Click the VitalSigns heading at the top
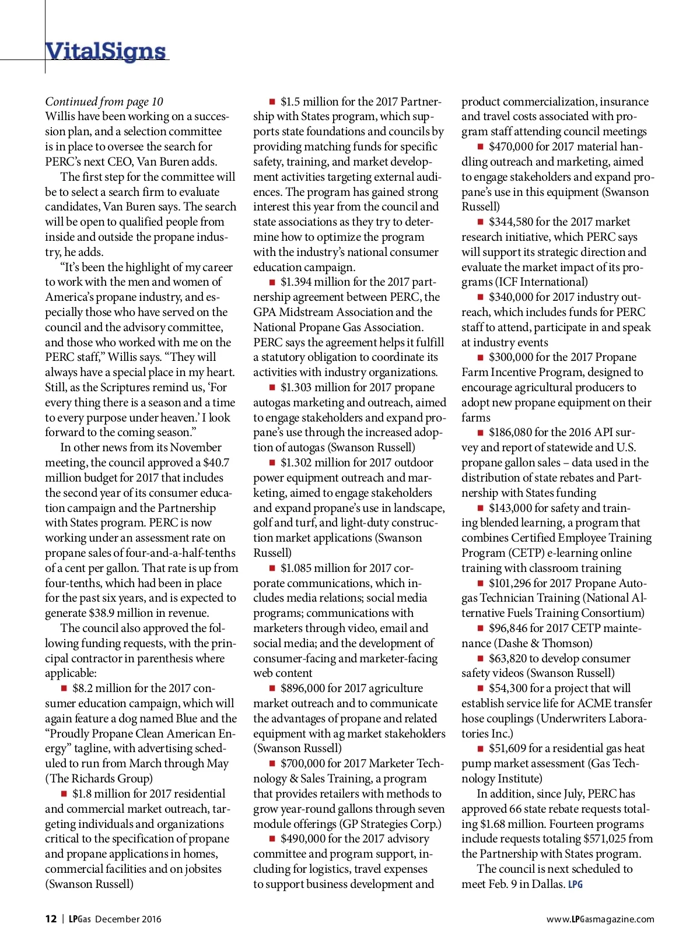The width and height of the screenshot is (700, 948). coord(106,51)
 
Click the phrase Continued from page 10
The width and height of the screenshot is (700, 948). coord(104,101)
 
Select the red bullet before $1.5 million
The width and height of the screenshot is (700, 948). coord(272,101)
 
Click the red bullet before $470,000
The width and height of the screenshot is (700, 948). coord(481,146)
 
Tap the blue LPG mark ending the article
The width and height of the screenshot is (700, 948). coord(575,884)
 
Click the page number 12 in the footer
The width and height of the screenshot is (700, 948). coord(51,919)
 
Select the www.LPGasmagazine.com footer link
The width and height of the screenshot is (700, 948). coord(600,919)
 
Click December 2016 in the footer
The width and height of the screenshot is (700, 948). coord(128,919)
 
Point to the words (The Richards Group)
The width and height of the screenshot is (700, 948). coord(99,778)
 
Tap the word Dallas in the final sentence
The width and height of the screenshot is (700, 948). coord(548,884)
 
